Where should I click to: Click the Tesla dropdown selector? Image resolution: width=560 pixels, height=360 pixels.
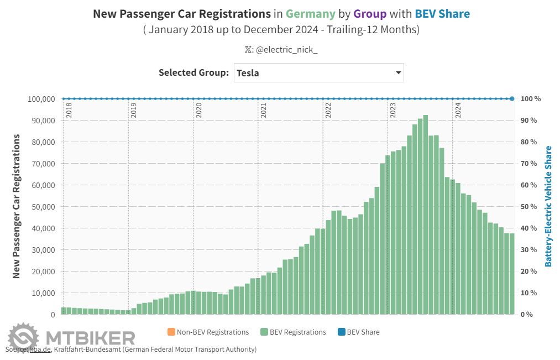318,72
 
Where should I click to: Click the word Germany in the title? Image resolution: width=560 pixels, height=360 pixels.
311,14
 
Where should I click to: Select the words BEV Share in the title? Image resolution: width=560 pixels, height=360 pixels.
442,14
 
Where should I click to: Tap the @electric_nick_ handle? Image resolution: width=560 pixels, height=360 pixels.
286,49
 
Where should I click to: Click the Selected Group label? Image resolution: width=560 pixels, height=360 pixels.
193,72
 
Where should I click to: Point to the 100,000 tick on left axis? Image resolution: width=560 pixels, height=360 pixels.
40,99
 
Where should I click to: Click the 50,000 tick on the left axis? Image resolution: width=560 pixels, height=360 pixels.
43,207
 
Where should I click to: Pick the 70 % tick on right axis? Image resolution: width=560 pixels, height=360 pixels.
529,164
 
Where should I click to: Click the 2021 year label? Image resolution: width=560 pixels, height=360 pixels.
263,110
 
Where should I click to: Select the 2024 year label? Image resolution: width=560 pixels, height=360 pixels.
458,110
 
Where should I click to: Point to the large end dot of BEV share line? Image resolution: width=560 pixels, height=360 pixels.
512,99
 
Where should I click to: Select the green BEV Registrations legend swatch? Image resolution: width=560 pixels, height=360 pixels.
265,332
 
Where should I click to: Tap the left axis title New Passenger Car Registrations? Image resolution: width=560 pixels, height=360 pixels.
17,206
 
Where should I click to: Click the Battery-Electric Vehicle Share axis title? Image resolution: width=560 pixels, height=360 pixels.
548,206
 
